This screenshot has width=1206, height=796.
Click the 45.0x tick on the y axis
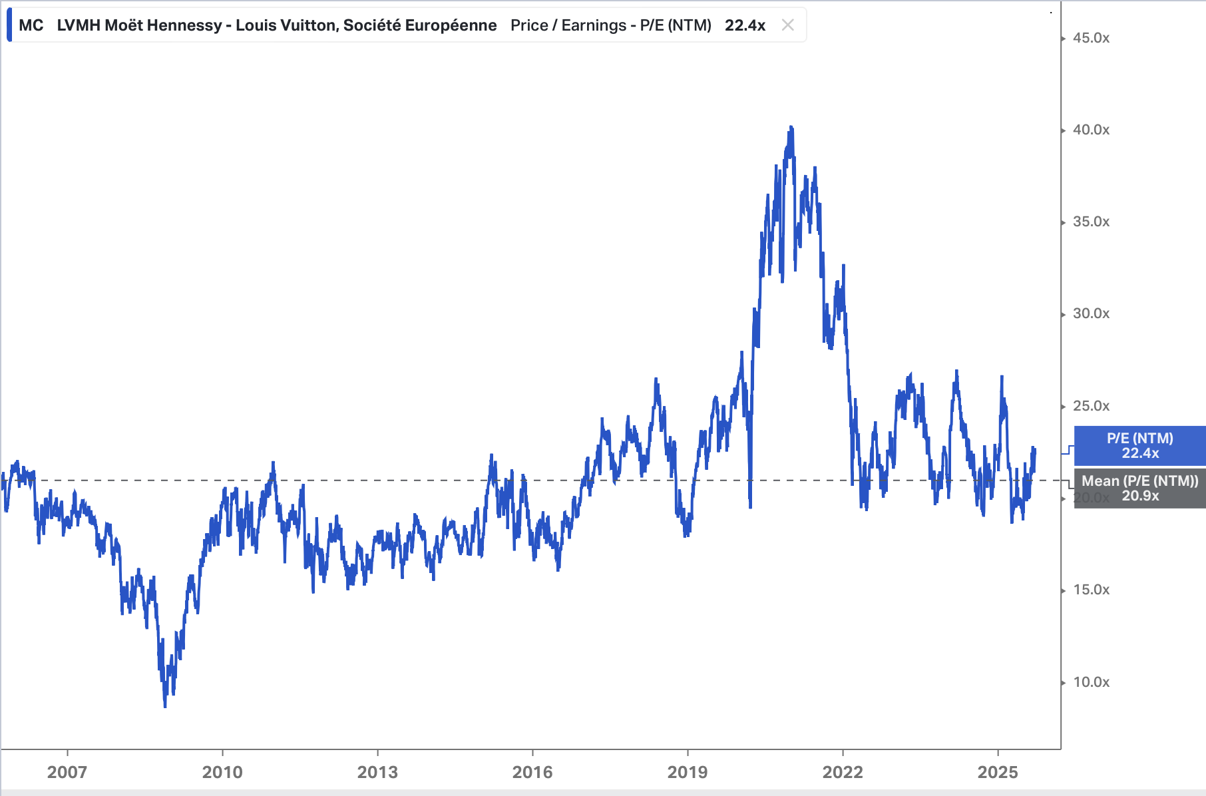(x=1091, y=38)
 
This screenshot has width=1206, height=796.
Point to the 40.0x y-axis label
(x=1091, y=130)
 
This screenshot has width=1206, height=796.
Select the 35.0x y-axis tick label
(x=1091, y=222)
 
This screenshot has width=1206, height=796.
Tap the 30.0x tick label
(x=1091, y=313)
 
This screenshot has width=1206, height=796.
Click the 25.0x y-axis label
(x=1091, y=406)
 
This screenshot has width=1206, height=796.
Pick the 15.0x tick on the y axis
(x=1091, y=590)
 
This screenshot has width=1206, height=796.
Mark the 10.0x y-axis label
(x=1091, y=682)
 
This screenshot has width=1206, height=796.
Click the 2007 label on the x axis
(x=67, y=772)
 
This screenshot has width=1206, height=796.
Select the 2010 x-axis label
(x=222, y=772)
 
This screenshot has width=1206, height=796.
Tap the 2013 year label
(x=377, y=772)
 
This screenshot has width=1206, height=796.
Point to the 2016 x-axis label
(x=532, y=772)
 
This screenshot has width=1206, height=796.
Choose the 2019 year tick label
(x=688, y=772)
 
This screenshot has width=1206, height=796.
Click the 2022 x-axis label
(x=843, y=772)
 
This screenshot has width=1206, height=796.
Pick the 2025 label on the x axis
(x=998, y=772)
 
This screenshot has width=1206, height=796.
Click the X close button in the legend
(x=788, y=25)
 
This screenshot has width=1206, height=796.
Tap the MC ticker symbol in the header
(x=31, y=25)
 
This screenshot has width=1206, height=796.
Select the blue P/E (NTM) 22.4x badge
(x=1139, y=446)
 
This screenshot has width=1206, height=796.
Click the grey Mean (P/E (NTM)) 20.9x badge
(x=1139, y=489)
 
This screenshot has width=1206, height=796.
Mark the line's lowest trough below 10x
(x=165, y=705)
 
